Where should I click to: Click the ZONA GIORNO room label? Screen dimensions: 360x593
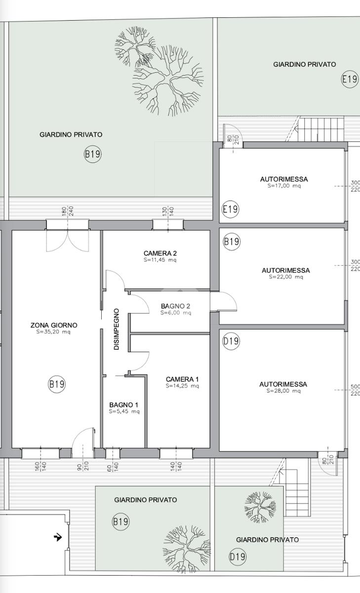coord(54,325)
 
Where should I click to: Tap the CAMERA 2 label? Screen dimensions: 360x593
coord(160,254)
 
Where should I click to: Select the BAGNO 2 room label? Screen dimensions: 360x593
coord(175,306)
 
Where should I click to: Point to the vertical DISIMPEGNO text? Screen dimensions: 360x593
coord(117,329)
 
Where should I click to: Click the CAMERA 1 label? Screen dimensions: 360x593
coord(182,380)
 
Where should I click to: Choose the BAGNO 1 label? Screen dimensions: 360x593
coord(124,405)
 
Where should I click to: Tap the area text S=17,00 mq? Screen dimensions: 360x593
coord(284,186)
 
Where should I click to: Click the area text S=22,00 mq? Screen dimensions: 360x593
coord(285,277)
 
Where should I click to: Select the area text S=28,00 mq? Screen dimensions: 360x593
coord(283,391)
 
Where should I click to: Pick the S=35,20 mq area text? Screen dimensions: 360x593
coord(53,332)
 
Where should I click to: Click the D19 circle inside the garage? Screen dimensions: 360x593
coord(231,341)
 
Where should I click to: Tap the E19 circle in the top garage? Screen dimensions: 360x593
coord(231,209)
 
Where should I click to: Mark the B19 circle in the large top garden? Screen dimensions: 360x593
coord(92,154)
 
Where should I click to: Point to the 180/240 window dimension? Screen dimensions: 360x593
coord(68,212)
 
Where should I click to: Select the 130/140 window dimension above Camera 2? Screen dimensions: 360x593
coord(168,212)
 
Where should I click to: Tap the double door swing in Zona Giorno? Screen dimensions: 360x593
coord(68,241)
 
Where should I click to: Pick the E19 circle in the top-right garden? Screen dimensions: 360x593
coord(350,79)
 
